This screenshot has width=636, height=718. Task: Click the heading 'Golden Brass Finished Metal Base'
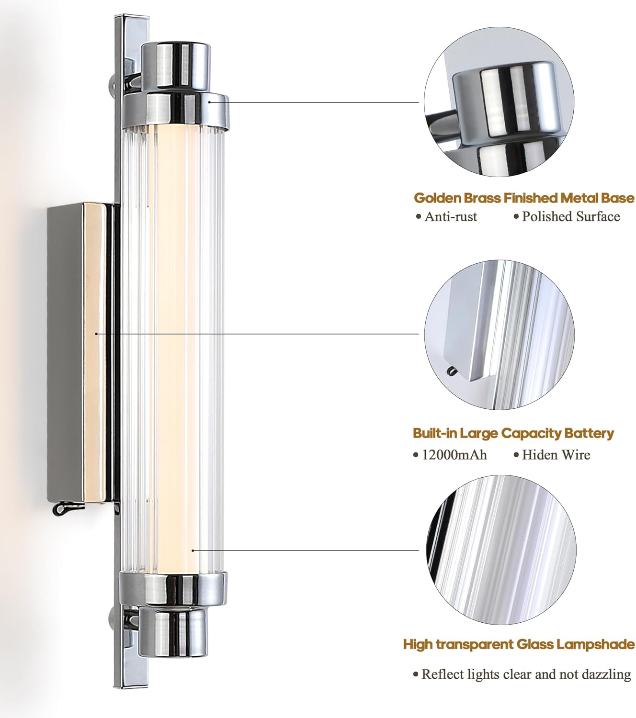coord(524,198)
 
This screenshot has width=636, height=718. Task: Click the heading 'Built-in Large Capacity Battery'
coord(513,433)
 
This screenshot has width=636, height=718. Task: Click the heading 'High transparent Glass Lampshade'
coord(519,644)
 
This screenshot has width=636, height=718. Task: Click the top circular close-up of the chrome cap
coord(499,102)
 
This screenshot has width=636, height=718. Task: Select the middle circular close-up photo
coord(499,335)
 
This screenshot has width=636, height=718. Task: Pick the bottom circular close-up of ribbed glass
coord(501,550)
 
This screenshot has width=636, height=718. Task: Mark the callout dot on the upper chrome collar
coord(209,102)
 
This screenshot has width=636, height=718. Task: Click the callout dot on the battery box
coord(96,334)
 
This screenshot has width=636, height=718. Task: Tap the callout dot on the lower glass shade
coord(193,550)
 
